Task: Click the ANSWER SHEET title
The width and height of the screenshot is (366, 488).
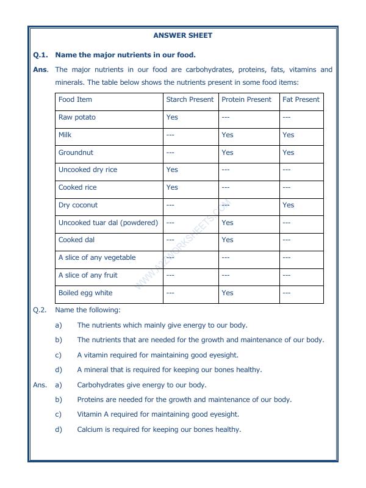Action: [x=183, y=35]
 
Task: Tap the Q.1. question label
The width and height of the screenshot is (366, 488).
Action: [x=41, y=55]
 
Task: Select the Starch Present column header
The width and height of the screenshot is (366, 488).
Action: [x=190, y=99]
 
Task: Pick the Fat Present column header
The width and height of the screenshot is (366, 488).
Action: [x=301, y=99]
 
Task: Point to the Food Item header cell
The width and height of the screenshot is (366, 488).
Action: [x=75, y=99]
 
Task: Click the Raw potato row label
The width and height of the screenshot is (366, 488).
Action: [x=77, y=117]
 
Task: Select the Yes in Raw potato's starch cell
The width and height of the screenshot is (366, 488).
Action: [x=172, y=117]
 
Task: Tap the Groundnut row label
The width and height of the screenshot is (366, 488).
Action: [x=76, y=152]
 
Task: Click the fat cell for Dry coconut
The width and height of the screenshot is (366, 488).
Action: [x=289, y=206]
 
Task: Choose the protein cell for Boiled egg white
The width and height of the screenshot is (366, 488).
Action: [x=228, y=293]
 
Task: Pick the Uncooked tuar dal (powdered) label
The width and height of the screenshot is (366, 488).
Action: [x=108, y=223]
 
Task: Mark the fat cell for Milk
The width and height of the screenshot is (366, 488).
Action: [x=289, y=135]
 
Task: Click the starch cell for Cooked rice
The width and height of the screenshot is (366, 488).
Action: [x=172, y=188]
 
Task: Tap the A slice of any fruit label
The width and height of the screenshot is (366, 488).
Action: [x=88, y=275]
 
